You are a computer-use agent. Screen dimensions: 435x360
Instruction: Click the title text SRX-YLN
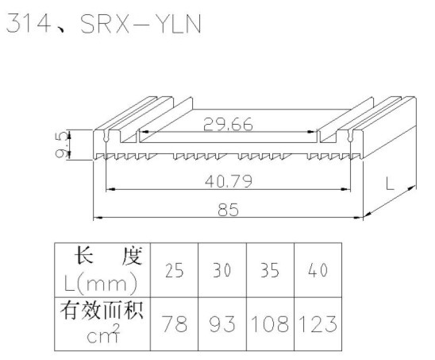click(141, 24)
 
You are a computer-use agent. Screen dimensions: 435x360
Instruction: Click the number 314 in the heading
click(28, 24)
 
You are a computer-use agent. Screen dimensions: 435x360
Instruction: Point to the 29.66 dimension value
click(228, 125)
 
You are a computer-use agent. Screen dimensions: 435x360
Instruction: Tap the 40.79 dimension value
click(229, 181)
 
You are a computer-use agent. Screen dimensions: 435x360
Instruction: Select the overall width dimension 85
click(228, 210)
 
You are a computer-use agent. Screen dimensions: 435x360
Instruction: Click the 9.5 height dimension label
click(62, 145)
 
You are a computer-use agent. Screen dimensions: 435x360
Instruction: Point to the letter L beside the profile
click(390, 184)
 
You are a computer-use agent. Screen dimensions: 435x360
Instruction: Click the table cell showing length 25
click(174, 270)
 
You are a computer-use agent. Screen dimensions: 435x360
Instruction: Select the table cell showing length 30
click(222, 270)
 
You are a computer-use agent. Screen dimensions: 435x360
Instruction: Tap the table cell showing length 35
click(270, 270)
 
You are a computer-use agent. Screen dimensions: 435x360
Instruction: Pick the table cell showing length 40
click(318, 270)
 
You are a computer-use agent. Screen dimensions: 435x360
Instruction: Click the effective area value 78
click(174, 323)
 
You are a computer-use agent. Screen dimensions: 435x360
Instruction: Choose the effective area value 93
click(222, 323)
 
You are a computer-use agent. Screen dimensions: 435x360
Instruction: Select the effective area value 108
click(270, 323)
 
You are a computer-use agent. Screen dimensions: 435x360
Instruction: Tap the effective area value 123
click(318, 323)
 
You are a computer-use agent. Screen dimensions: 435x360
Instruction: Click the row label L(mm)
click(101, 284)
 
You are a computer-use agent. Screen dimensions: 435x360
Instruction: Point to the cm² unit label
click(103, 333)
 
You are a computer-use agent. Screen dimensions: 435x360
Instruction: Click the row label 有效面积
click(102, 310)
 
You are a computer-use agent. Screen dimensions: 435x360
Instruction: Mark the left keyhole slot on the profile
click(106, 136)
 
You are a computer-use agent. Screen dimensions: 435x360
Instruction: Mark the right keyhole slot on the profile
click(350, 136)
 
